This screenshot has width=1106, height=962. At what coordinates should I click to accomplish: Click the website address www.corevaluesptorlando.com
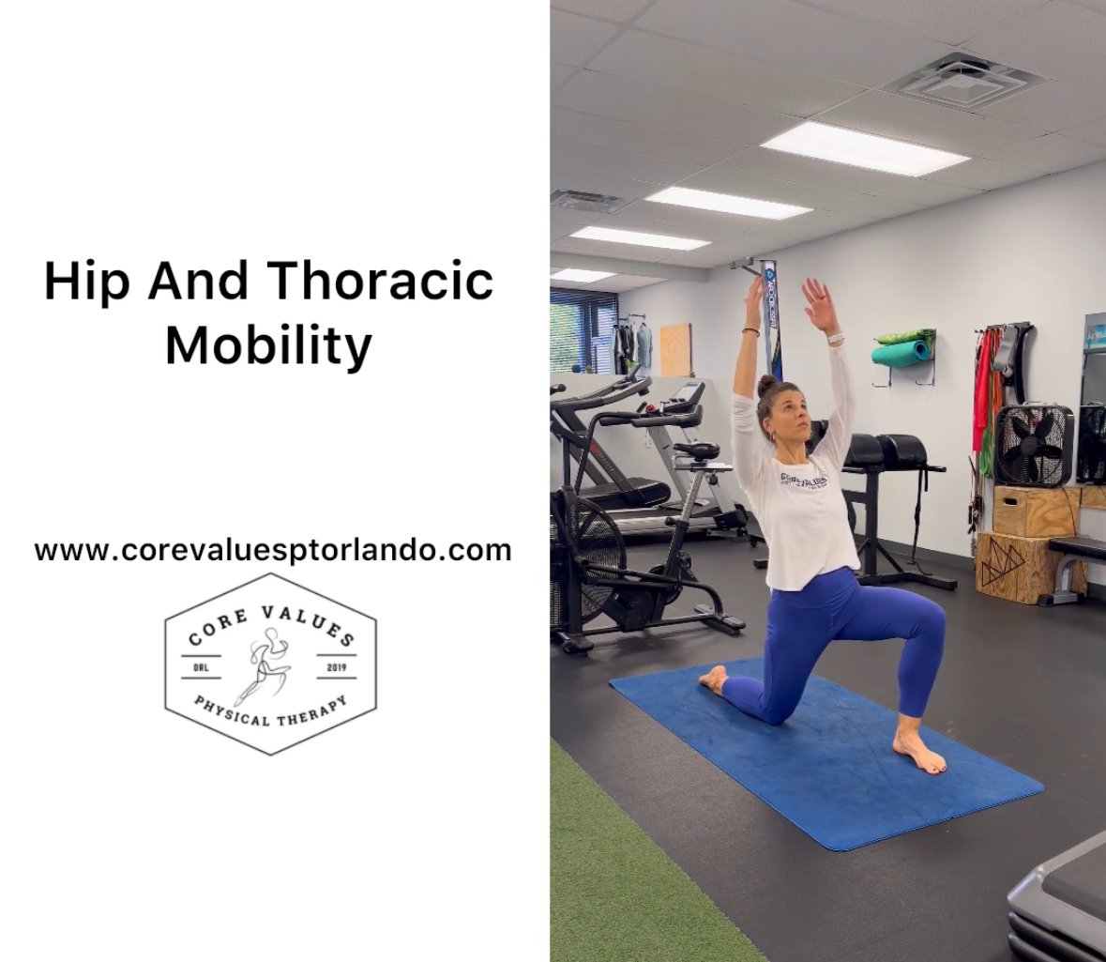coord(273,549)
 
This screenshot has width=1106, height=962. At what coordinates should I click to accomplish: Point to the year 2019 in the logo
coord(335,667)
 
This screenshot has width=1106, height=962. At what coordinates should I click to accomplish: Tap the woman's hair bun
coord(766,386)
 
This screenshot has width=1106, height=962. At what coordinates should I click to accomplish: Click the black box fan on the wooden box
coord(1033,445)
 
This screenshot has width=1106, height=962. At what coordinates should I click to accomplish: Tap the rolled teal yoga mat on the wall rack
coord(902,353)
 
